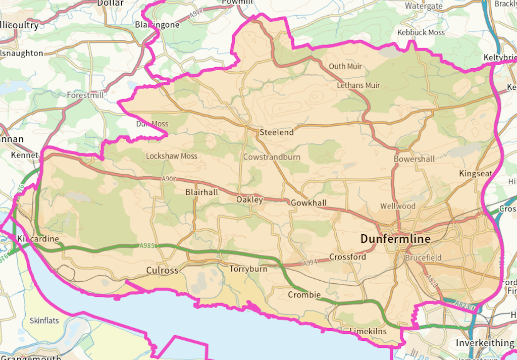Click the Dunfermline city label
click(395, 239)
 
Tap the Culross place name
click(162, 270)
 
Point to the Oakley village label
click(249, 199)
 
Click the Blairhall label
click(202, 192)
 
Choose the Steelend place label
click(276, 132)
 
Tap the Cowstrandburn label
click(272, 157)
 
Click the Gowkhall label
click(308, 203)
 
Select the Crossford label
click(347, 257)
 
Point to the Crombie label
click(304, 295)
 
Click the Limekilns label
click(368, 331)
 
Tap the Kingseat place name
click(476, 174)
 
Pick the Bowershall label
click(414, 159)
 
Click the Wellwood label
click(398, 206)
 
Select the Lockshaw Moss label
click(171, 156)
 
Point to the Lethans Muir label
click(358, 85)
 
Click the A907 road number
click(169, 179)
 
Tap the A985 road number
click(147, 246)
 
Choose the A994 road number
click(310, 264)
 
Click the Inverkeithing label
click(485, 343)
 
